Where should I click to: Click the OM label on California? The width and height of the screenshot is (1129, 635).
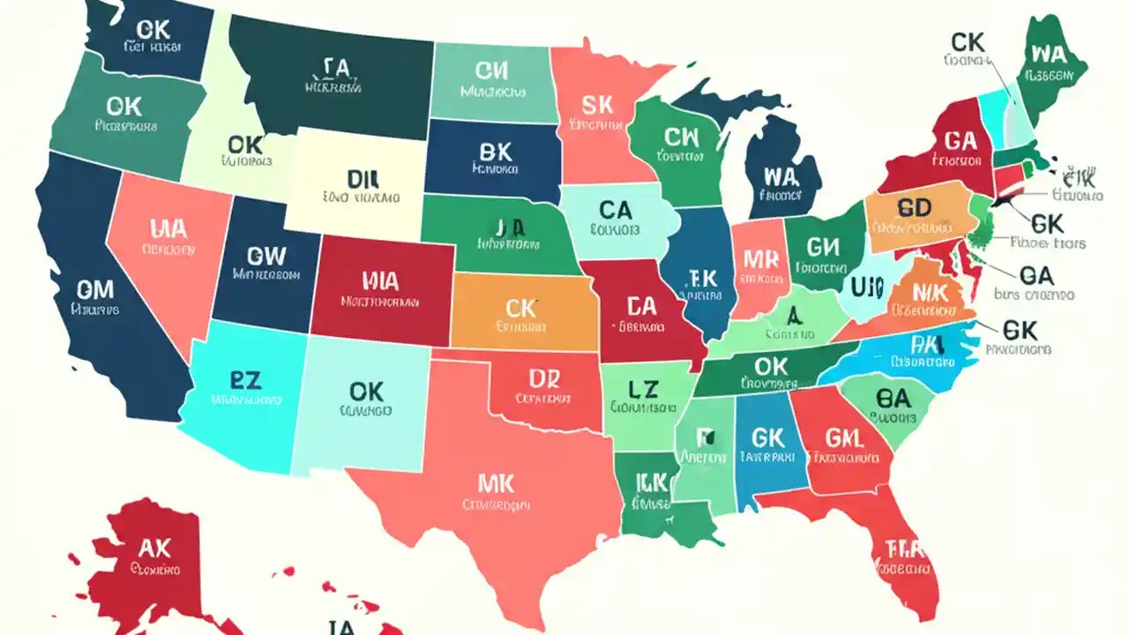pos(95,288)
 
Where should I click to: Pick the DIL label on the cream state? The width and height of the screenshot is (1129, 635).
pos(362,179)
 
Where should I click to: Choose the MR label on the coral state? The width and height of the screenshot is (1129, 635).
pos(760,258)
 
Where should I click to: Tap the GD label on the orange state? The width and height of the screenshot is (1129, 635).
pos(915,207)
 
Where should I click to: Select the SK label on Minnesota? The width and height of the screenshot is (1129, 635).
pos(597,106)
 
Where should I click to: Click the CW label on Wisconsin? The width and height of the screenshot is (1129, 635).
pos(681,137)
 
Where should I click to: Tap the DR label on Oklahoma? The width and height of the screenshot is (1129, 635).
pos(544,378)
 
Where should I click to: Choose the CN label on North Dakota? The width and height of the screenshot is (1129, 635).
pos(492,70)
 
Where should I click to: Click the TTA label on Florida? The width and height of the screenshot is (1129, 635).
pos(904,549)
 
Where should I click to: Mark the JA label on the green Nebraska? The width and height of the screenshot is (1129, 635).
pos(510,228)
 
